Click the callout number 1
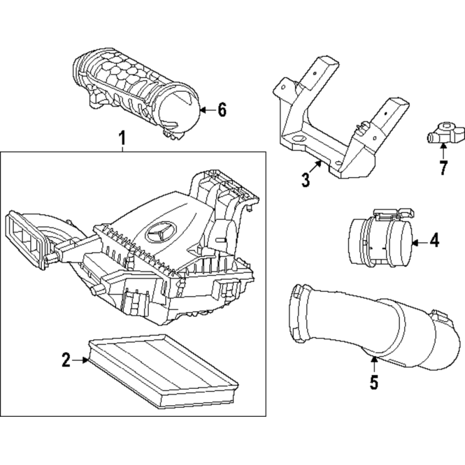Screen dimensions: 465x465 (x=122, y=138)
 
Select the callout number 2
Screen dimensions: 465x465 (x=66, y=360)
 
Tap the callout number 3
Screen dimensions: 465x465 (x=306, y=180)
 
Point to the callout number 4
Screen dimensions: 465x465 (x=434, y=240)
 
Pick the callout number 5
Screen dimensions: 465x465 (x=374, y=382)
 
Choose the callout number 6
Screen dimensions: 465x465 (x=222, y=110)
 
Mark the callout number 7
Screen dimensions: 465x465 (x=443, y=167)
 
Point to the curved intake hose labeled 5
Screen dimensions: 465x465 (x=373, y=325)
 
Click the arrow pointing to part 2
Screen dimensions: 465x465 (x=80, y=360)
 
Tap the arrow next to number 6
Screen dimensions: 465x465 (x=208, y=110)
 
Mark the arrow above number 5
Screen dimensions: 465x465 (x=374, y=364)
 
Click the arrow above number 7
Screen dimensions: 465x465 (x=443, y=151)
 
